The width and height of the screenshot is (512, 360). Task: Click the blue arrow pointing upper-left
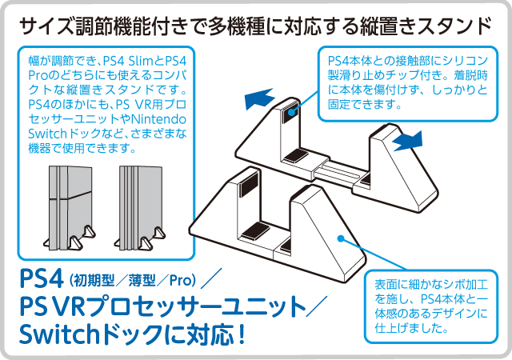click(259, 98)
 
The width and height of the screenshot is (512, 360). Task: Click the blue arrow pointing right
click(408, 141)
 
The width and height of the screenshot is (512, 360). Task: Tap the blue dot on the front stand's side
click(341, 238)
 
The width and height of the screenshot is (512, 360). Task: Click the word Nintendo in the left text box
click(158, 119)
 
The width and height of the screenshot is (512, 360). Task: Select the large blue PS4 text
click(41, 278)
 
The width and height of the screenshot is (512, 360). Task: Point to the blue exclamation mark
click(242, 334)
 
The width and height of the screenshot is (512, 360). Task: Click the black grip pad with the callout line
click(290, 112)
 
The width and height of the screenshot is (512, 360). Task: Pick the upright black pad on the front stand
click(248, 184)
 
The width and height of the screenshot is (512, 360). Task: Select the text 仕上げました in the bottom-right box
click(407, 327)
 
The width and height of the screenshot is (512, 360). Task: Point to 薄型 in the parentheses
click(142, 280)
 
